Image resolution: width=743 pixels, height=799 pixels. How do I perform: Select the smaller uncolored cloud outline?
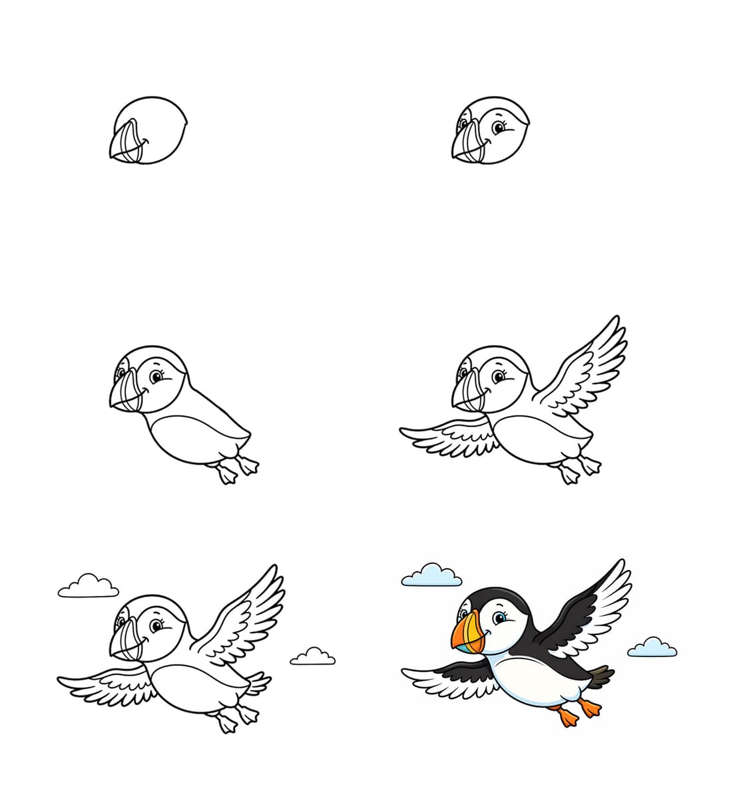coord(312,657)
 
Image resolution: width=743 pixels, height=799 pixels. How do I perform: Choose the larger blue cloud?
coord(432,576)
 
